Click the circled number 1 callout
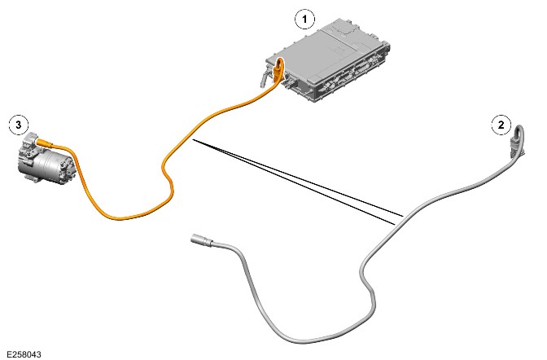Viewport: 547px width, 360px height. tap(305, 19)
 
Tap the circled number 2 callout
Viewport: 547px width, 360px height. tap(501, 125)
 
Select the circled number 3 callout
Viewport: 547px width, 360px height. tap(19, 125)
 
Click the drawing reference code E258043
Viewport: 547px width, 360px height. tap(24, 354)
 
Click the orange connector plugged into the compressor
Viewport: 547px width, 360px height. tap(45, 142)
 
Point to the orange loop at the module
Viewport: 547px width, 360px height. tap(278, 68)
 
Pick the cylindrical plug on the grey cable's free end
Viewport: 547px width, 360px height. tap(200, 240)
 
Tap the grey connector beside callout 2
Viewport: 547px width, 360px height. tap(515, 147)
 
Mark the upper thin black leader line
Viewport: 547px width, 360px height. tap(298, 178)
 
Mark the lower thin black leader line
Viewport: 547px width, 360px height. tap(294, 182)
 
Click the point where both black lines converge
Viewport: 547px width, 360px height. tap(194, 140)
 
